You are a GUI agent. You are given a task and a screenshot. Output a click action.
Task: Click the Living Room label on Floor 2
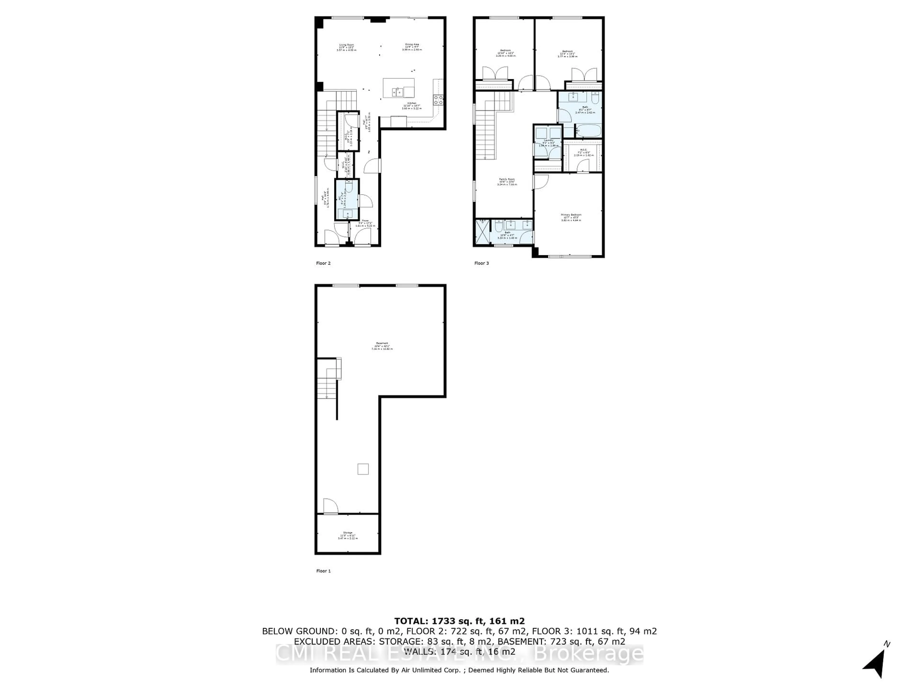point(347,47)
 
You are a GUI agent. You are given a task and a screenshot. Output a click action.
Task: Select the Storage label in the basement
point(348,536)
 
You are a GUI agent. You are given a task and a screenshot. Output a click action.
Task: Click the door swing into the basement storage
point(331,506)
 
